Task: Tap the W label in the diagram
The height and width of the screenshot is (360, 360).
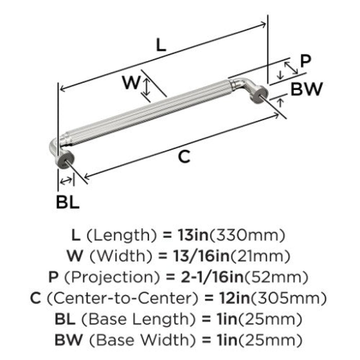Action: coord(131,82)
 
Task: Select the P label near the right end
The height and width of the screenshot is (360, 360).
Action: coord(306,61)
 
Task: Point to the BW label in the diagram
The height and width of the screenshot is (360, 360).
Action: coord(307,89)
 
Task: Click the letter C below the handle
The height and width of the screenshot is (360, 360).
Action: coord(184,157)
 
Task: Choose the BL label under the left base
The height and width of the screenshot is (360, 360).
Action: coord(68,202)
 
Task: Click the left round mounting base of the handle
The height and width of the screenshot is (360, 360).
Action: coord(65,159)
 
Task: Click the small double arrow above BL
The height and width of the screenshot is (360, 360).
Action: coord(66,181)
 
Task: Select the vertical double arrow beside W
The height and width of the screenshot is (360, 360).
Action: coord(147,87)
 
